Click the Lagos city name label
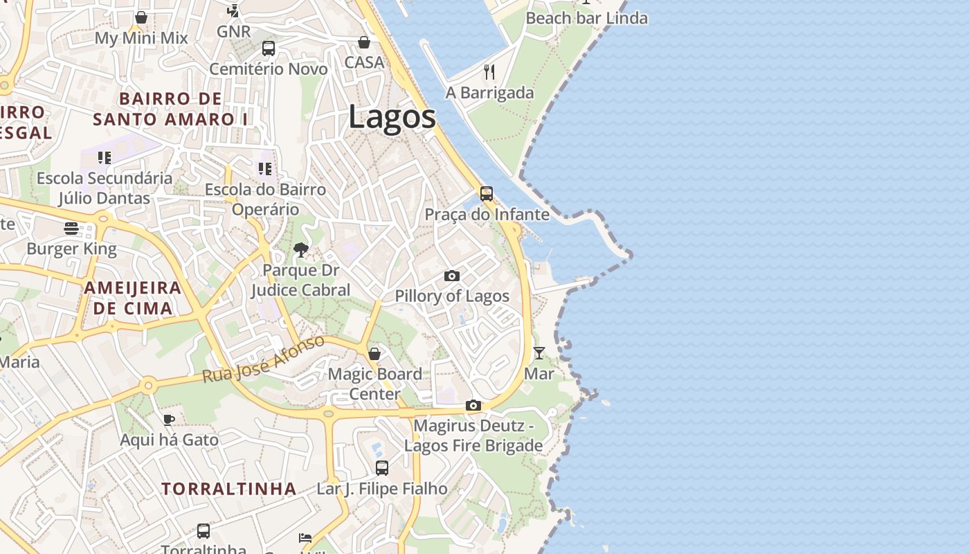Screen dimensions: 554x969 tap(392, 116)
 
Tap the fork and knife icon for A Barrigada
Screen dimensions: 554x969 tap(489, 71)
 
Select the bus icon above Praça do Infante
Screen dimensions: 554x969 tap(487, 193)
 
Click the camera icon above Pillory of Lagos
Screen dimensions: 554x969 tap(451, 276)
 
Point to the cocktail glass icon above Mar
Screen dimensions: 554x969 tap(538, 353)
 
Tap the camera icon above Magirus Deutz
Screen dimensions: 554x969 tap(473, 405)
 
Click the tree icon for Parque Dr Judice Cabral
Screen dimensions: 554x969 tap(300, 249)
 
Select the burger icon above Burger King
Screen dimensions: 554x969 tap(71, 228)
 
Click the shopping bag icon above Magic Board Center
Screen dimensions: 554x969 tap(374, 354)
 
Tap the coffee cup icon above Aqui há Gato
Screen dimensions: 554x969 tap(168, 419)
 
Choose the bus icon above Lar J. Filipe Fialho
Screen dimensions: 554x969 tap(381, 467)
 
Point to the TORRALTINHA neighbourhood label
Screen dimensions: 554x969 tap(229, 488)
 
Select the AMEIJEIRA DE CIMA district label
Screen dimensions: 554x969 tap(133, 298)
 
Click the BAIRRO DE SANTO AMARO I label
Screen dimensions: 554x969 tap(170, 109)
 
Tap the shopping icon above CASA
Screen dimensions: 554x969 tap(364, 42)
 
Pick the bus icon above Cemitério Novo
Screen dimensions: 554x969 tap(268, 48)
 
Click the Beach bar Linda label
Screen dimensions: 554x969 tap(586, 18)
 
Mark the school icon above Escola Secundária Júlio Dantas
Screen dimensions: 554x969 tap(105, 157)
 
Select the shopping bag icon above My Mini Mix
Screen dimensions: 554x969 tap(141, 17)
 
